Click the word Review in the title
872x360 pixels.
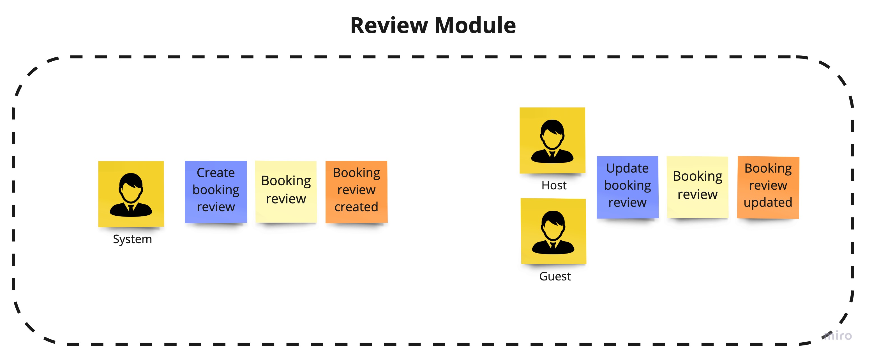[x=389, y=26]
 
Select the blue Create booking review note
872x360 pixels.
[x=216, y=192]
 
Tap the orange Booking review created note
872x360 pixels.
[x=356, y=192]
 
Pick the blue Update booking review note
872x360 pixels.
[x=627, y=187]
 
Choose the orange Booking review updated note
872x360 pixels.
[x=768, y=187]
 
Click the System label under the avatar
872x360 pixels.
[x=132, y=239]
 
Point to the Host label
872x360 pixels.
[x=554, y=185]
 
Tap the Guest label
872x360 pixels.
[x=555, y=277]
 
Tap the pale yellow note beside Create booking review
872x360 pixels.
[x=286, y=192]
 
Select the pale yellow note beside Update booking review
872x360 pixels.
[x=697, y=187]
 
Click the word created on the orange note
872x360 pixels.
[x=356, y=207]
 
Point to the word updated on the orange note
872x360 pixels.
[x=768, y=203]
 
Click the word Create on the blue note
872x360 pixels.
[x=216, y=173]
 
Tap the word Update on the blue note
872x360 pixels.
[x=627, y=168]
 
